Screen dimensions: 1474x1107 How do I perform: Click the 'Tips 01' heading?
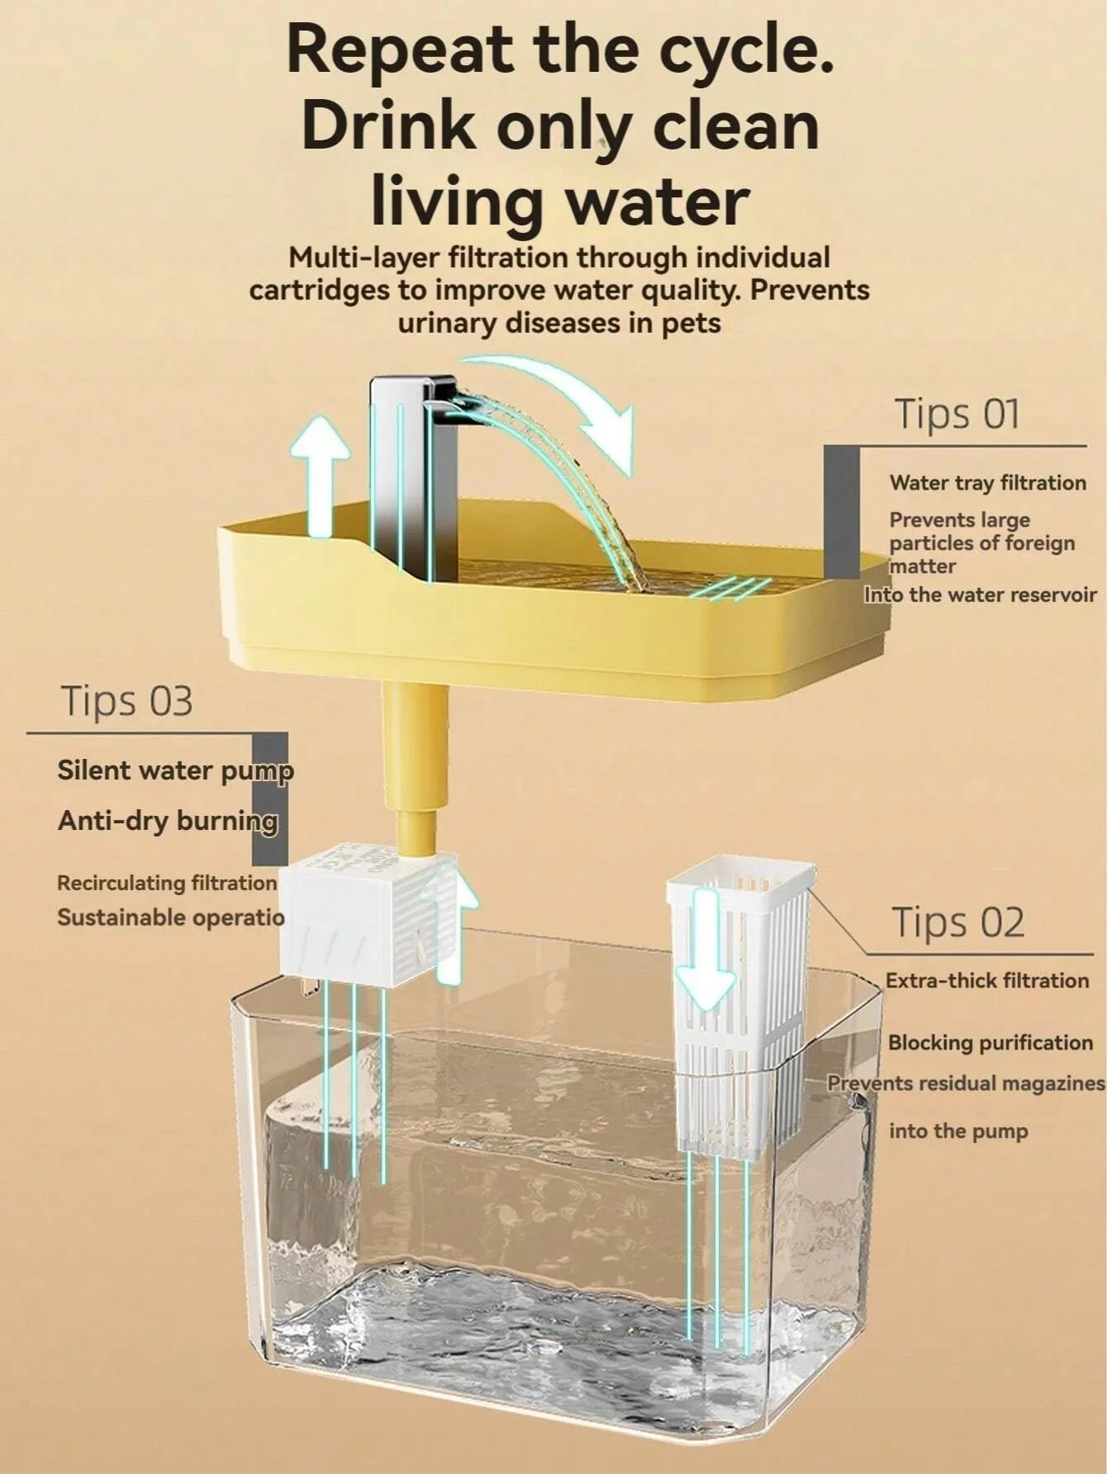[x=957, y=414]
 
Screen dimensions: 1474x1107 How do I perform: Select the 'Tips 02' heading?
[x=957, y=922]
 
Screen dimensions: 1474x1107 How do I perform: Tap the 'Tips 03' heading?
[x=127, y=701]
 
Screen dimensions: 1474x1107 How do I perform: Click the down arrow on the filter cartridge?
[x=706, y=950]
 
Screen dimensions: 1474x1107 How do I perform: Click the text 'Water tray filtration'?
[x=987, y=483]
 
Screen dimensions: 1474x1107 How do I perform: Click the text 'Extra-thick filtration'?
[x=987, y=981]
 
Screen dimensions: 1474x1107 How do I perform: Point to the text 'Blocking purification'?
[x=990, y=1043]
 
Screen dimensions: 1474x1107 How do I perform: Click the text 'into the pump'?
[x=958, y=1131]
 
